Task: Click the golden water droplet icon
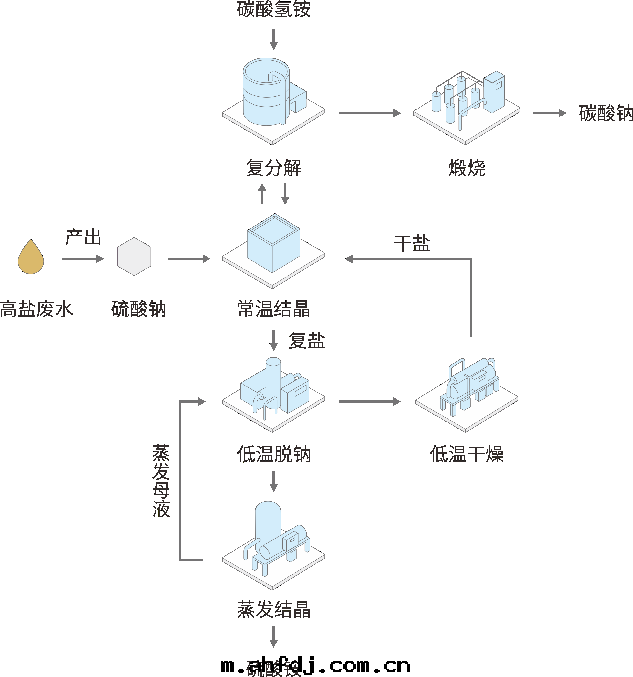pos(31,258)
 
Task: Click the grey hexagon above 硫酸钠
pos(134,256)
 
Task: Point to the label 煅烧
pos(466,168)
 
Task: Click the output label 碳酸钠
pos(605,113)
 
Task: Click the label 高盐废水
pos(37,309)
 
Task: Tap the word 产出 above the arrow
pos(83,237)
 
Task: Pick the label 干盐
pos(412,244)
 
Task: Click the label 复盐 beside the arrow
pos(307,341)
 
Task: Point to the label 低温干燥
pos(466,454)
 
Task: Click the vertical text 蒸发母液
pos(161,480)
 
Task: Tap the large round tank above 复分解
pos(266,92)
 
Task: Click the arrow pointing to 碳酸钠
pos(549,113)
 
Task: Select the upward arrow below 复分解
pos(262,194)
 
